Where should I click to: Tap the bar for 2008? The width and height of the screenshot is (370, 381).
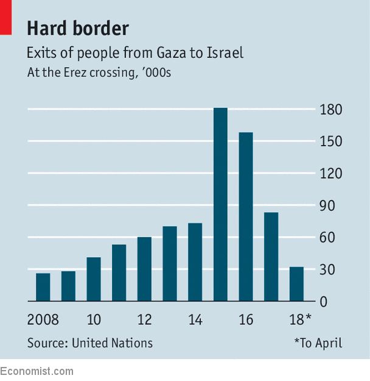pyautogui.click(x=43, y=287)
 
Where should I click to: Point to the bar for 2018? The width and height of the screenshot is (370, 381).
pyautogui.click(x=296, y=284)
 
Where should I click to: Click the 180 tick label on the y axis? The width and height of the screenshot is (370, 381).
pyautogui.click(x=331, y=110)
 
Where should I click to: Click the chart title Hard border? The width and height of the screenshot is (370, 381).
pyautogui.click(x=78, y=28)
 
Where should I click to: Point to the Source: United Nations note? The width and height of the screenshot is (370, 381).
pyautogui.click(x=90, y=343)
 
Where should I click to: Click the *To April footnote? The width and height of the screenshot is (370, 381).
pyautogui.click(x=318, y=343)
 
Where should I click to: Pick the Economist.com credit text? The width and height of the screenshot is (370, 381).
pyautogui.click(x=37, y=371)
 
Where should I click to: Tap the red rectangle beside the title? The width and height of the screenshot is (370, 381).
pyautogui.click(x=5, y=16)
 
